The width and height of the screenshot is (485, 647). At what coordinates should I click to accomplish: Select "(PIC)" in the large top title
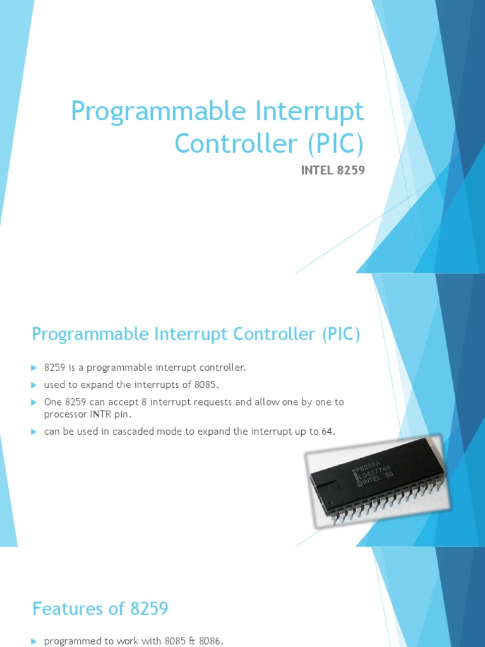336,144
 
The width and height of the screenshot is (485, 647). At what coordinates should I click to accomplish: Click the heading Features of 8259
100,609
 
